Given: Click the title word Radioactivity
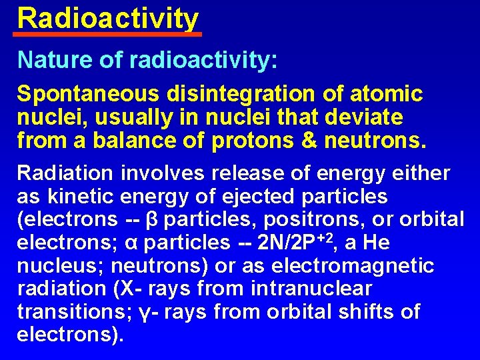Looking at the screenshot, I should pyautogui.click(x=108, y=18).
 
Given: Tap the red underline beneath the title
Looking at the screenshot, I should pyautogui.click(x=108, y=33).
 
